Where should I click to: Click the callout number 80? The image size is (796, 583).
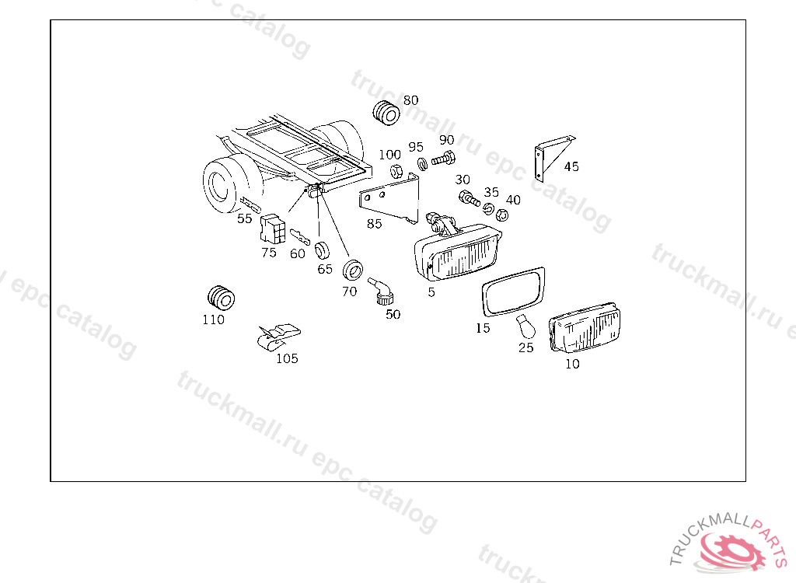410,100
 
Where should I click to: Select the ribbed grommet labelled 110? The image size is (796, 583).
221,298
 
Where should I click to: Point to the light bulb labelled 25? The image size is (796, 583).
526,326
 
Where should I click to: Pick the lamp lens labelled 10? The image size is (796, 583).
585,327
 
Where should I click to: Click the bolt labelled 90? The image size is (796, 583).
443,159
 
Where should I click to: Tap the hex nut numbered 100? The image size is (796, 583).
396,170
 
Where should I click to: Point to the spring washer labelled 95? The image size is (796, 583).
422,164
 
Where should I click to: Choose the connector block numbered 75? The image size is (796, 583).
273,229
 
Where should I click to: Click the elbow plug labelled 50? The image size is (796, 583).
381,291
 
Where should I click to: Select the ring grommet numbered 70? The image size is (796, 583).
352,270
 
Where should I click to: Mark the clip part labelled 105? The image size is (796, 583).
279,336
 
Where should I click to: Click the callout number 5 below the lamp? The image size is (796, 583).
431,292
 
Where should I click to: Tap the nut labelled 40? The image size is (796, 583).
501,215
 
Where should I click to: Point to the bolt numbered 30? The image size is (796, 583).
469,198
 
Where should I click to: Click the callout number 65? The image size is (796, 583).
325,269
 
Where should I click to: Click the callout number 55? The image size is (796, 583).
245,218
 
